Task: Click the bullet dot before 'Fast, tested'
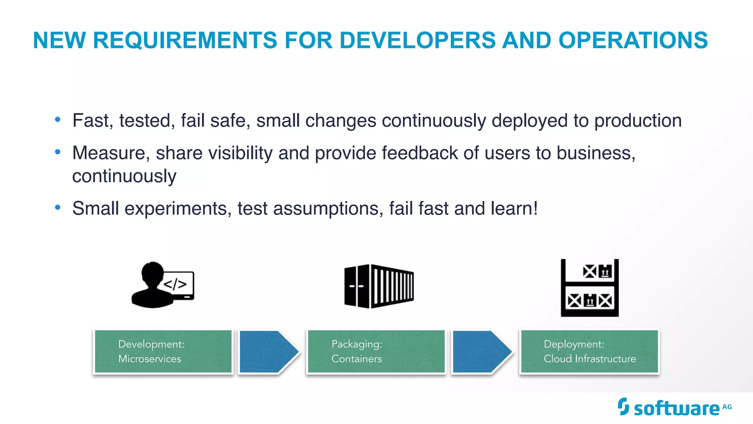(x=57, y=119)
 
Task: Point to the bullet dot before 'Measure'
(x=57, y=152)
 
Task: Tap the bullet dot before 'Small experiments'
(x=57, y=207)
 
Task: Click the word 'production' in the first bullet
(x=638, y=121)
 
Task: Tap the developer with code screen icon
(x=163, y=285)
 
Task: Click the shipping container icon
(x=379, y=286)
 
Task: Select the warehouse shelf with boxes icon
(x=589, y=288)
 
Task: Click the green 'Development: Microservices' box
(x=163, y=351)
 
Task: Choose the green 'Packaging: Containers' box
(x=376, y=351)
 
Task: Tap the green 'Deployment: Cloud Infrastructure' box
(x=589, y=351)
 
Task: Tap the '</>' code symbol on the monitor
(x=175, y=284)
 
